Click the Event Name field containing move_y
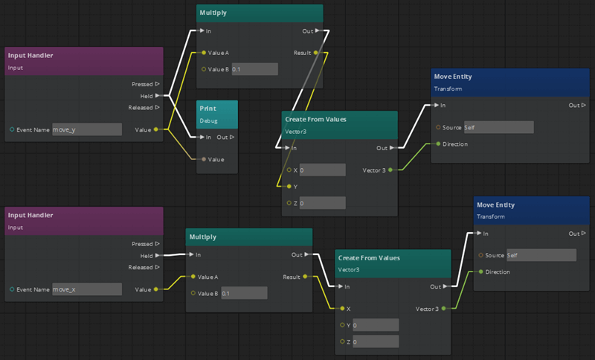click(86, 129)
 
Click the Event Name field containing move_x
click(86, 289)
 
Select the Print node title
click(208, 109)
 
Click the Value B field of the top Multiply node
click(254, 69)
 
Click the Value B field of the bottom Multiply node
click(244, 293)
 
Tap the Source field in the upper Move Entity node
click(498, 127)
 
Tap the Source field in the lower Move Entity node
click(541, 255)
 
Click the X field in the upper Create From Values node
click(322, 170)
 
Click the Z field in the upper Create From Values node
click(322, 203)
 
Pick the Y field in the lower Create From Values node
click(376, 325)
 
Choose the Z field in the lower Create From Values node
click(376, 341)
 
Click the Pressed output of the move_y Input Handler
click(156, 84)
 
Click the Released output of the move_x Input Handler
click(156, 267)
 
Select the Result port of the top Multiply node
click(318, 54)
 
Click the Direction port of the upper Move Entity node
click(439, 144)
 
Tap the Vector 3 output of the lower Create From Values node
click(444, 308)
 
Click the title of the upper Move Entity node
click(453, 77)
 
